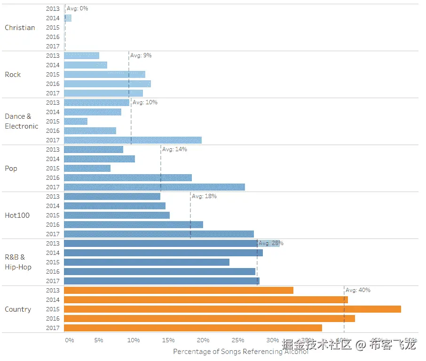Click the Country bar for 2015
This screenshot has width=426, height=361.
click(x=232, y=309)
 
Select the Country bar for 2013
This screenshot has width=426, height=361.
click(x=179, y=290)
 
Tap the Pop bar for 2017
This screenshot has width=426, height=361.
click(x=154, y=187)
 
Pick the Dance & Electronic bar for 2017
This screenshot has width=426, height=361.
click(x=133, y=140)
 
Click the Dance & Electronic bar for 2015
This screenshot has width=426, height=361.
click(x=76, y=121)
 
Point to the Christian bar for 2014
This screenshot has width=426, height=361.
click(x=68, y=18)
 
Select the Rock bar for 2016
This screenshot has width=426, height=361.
click(x=107, y=84)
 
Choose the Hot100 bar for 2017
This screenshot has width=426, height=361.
click(x=159, y=234)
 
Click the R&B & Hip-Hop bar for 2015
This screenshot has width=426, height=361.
click(x=147, y=262)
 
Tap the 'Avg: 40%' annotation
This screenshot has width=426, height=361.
click(x=358, y=290)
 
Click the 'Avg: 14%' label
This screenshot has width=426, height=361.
click(x=174, y=149)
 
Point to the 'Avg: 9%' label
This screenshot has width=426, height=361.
click(x=141, y=55)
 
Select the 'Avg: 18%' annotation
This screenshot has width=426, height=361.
click(x=204, y=196)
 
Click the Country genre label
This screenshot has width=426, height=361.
click(x=18, y=309)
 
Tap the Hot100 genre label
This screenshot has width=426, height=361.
click(x=17, y=215)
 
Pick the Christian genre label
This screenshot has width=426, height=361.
click(x=20, y=28)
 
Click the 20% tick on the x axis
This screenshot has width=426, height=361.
click(x=203, y=340)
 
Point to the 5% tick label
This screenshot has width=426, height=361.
click(x=99, y=340)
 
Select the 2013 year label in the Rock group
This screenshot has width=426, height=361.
click(x=53, y=55)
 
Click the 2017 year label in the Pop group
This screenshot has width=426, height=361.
click(x=53, y=187)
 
